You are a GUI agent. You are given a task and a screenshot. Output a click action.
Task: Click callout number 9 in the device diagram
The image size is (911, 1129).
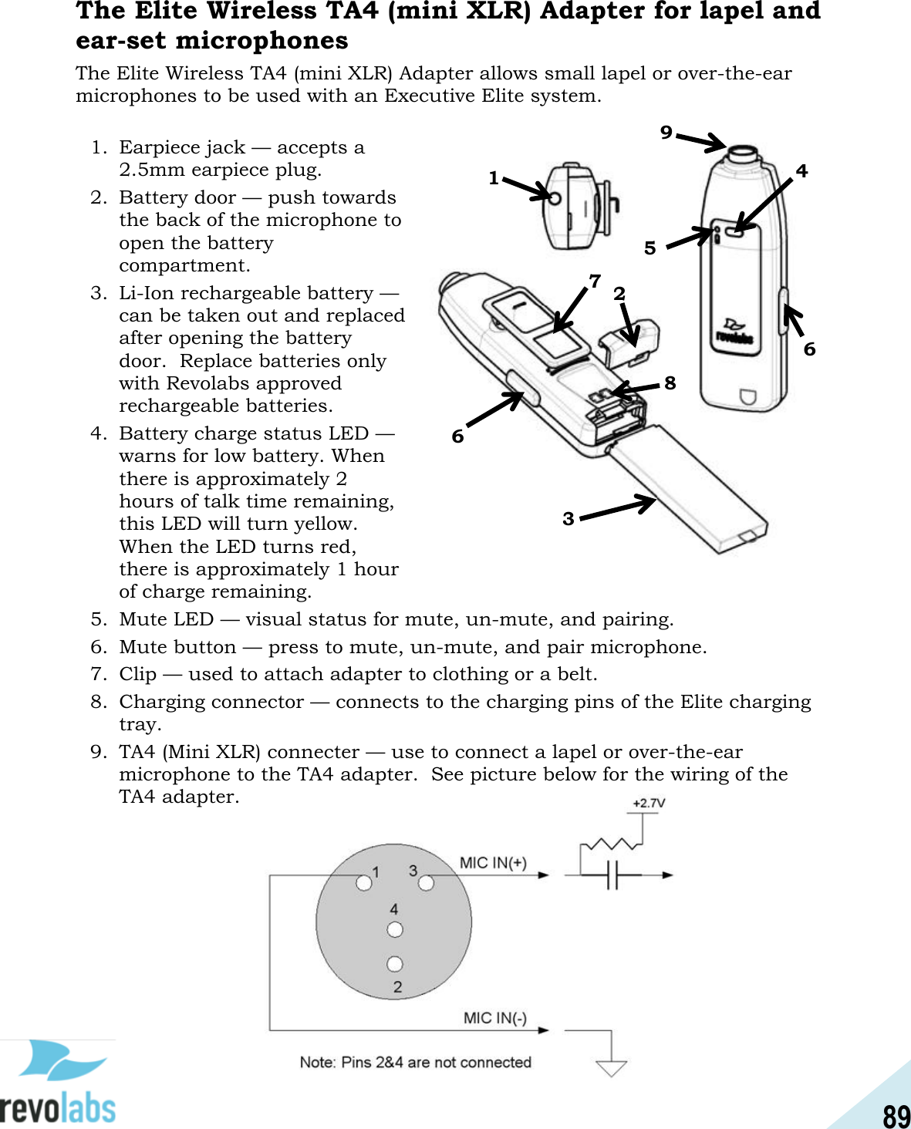666,132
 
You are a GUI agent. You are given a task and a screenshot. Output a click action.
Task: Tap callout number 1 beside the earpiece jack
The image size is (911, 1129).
494,178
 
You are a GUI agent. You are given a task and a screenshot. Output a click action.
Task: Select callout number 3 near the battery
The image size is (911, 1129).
569,518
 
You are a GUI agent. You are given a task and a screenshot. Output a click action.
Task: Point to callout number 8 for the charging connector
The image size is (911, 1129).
670,383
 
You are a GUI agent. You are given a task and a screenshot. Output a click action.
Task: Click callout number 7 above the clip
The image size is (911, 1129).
595,281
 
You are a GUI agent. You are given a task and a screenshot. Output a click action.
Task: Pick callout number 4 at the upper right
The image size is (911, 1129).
801,170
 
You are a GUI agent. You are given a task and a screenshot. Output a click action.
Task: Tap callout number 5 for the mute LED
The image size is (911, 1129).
650,248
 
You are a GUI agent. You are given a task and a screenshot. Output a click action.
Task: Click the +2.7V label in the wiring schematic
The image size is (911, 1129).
649,803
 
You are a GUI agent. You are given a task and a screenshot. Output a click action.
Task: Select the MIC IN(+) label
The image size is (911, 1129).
493,862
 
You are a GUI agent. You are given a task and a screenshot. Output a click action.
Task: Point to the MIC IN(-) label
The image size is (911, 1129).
494,1018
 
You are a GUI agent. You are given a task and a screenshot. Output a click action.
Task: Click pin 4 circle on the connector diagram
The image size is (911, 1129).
395,929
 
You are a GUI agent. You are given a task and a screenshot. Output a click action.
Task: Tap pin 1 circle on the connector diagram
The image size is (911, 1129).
363,882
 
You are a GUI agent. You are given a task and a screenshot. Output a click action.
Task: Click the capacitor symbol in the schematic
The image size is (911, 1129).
612,875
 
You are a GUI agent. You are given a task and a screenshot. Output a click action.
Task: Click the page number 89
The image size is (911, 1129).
896,1115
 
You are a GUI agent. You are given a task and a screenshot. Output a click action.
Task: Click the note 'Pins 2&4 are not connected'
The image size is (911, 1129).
415,1062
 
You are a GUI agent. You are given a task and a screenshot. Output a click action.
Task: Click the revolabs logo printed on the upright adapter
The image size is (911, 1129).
734,332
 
